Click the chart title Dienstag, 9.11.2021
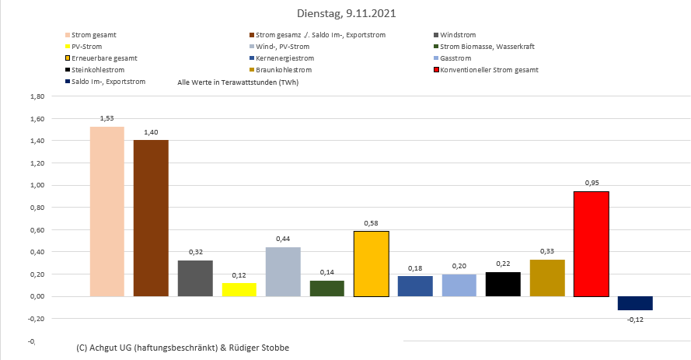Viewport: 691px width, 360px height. coord(345,13)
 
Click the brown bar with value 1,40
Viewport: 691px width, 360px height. coord(151,218)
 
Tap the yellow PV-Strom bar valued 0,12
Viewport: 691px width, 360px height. coord(239,289)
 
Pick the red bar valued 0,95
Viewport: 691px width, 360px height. coord(591,243)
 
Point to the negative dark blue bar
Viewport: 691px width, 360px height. coord(635,303)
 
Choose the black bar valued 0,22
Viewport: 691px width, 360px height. coord(503,284)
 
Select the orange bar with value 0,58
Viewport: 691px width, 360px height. coord(371,264)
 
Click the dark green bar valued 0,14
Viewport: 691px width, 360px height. coord(326,288)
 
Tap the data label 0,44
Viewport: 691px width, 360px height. coord(283,239)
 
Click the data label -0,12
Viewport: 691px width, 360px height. coord(635,318)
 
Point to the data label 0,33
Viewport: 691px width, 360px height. coord(547,251)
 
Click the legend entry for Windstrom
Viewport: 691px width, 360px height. coord(457,35)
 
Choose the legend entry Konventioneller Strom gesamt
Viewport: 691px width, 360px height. coord(488,70)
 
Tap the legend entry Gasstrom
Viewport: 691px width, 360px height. coord(455,58)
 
